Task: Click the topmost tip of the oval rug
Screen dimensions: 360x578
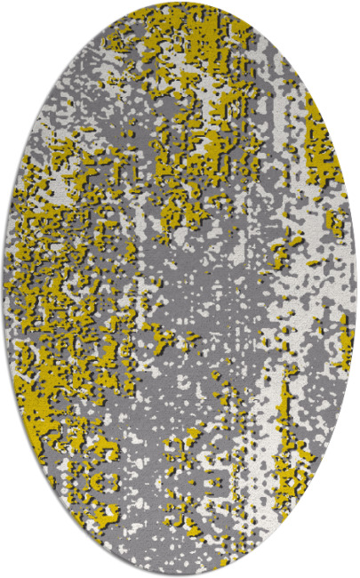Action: (x=180, y=4)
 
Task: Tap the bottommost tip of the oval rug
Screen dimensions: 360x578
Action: (x=180, y=574)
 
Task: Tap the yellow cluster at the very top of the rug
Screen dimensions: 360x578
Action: (x=178, y=18)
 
